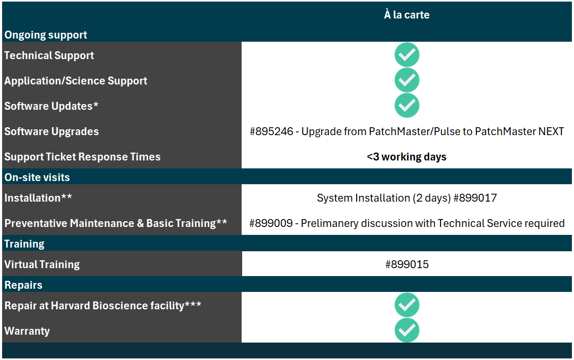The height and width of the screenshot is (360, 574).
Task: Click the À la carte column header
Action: (x=407, y=15)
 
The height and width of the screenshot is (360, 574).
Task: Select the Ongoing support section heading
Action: (x=46, y=35)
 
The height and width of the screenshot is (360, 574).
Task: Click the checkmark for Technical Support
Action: (x=407, y=55)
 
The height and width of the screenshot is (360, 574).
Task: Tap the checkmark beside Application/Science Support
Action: (x=407, y=80)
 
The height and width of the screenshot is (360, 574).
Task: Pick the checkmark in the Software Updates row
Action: (x=407, y=106)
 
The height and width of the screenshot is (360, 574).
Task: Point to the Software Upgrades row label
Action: (x=52, y=131)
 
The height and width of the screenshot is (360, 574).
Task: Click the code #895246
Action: (x=271, y=131)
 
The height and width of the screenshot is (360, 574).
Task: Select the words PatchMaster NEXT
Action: (x=519, y=131)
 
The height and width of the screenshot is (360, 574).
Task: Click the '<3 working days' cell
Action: (x=407, y=157)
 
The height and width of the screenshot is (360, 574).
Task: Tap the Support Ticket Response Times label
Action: (x=82, y=157)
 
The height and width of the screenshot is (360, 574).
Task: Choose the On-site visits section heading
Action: (x=37, y=177)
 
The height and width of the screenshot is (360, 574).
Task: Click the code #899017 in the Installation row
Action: (x=475, y=198)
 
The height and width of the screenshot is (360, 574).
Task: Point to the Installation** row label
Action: (x=38, y=198)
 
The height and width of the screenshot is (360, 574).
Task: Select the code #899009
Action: (x=271, y=223)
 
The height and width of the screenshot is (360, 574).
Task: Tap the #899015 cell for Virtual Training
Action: (x=407, y=264)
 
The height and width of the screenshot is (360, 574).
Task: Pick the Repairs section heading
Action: (x=23, y=285)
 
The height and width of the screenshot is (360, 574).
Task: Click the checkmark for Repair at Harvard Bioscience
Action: (x=407, y=305)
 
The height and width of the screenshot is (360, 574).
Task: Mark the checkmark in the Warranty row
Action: (x=407, y=330)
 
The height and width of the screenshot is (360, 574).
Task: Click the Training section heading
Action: (x=24, y=244)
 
